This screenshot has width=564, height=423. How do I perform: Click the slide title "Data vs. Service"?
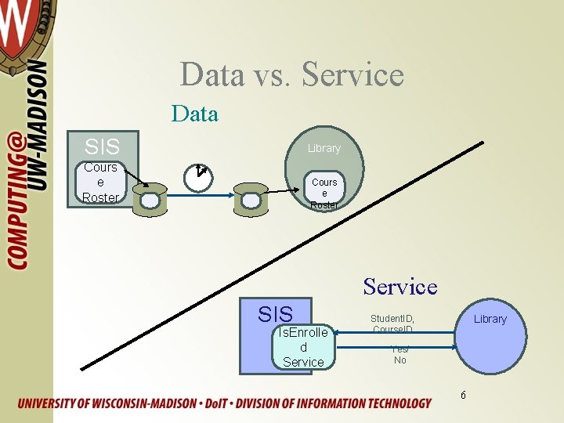point(291,74)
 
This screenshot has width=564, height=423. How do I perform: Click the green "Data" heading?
point(194,114)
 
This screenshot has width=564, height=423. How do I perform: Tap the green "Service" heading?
point(399,287)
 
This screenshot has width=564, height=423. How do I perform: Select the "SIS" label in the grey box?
point(102,146)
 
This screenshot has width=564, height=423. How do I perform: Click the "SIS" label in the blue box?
point(275,314)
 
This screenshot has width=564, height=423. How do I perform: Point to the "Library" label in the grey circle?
point(324,148)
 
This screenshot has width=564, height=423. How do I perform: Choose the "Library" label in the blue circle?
point(490,319)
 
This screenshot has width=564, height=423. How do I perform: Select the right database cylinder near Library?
point(250,201)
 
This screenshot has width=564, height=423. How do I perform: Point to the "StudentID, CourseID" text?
point(392,324)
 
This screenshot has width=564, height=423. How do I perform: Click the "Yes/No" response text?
point(399,355)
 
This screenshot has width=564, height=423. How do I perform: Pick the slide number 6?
point(463,394)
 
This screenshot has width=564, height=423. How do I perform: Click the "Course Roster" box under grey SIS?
point(100,183)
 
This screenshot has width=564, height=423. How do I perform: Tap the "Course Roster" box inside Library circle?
point(324,193)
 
